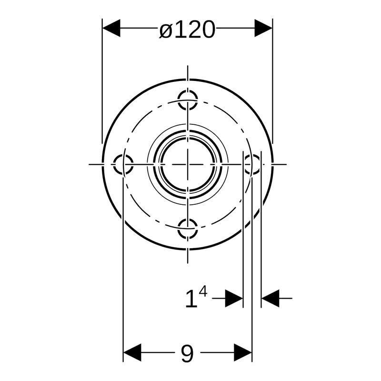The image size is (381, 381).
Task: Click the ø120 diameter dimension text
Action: tap(187, 29)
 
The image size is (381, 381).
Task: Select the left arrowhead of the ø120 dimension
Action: tap(111, 28)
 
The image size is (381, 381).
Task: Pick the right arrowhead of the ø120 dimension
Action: tap(263, 28)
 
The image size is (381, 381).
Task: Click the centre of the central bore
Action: tap(188, 164)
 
